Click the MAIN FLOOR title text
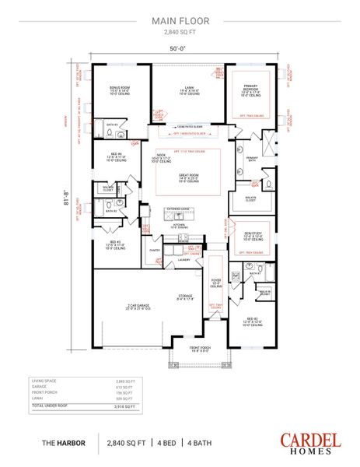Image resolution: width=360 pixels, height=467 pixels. point(180,23)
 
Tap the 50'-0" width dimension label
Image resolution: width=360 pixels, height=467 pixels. point(180,48)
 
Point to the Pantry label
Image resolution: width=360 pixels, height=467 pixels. point(155,250)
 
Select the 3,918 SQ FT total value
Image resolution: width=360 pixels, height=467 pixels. point(125,406)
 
